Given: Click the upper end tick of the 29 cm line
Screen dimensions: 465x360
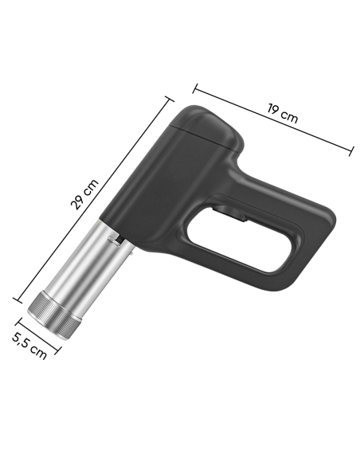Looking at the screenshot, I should coord(168,99).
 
